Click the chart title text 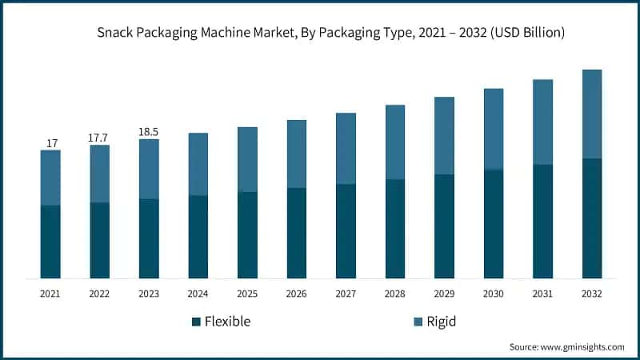coord(320,33)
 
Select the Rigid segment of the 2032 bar coord(592,114)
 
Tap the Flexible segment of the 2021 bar coord(50,242)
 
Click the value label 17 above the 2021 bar coord(51,143)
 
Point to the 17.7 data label coord(99,138)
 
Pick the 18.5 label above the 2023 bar coord(149,132)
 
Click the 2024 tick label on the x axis coord(198,294)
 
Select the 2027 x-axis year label coord(346,294)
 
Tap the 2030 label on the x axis coord(494,294)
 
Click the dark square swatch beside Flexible coord(196,322)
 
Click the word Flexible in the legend coord(227,322)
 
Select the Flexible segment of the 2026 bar coord(297,233)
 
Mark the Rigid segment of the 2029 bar coord(444,135)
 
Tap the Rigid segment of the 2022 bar coord(100,174)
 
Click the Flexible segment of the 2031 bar coord(542,221)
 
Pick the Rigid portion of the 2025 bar coord(247,159)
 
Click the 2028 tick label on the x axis coord(395,294)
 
